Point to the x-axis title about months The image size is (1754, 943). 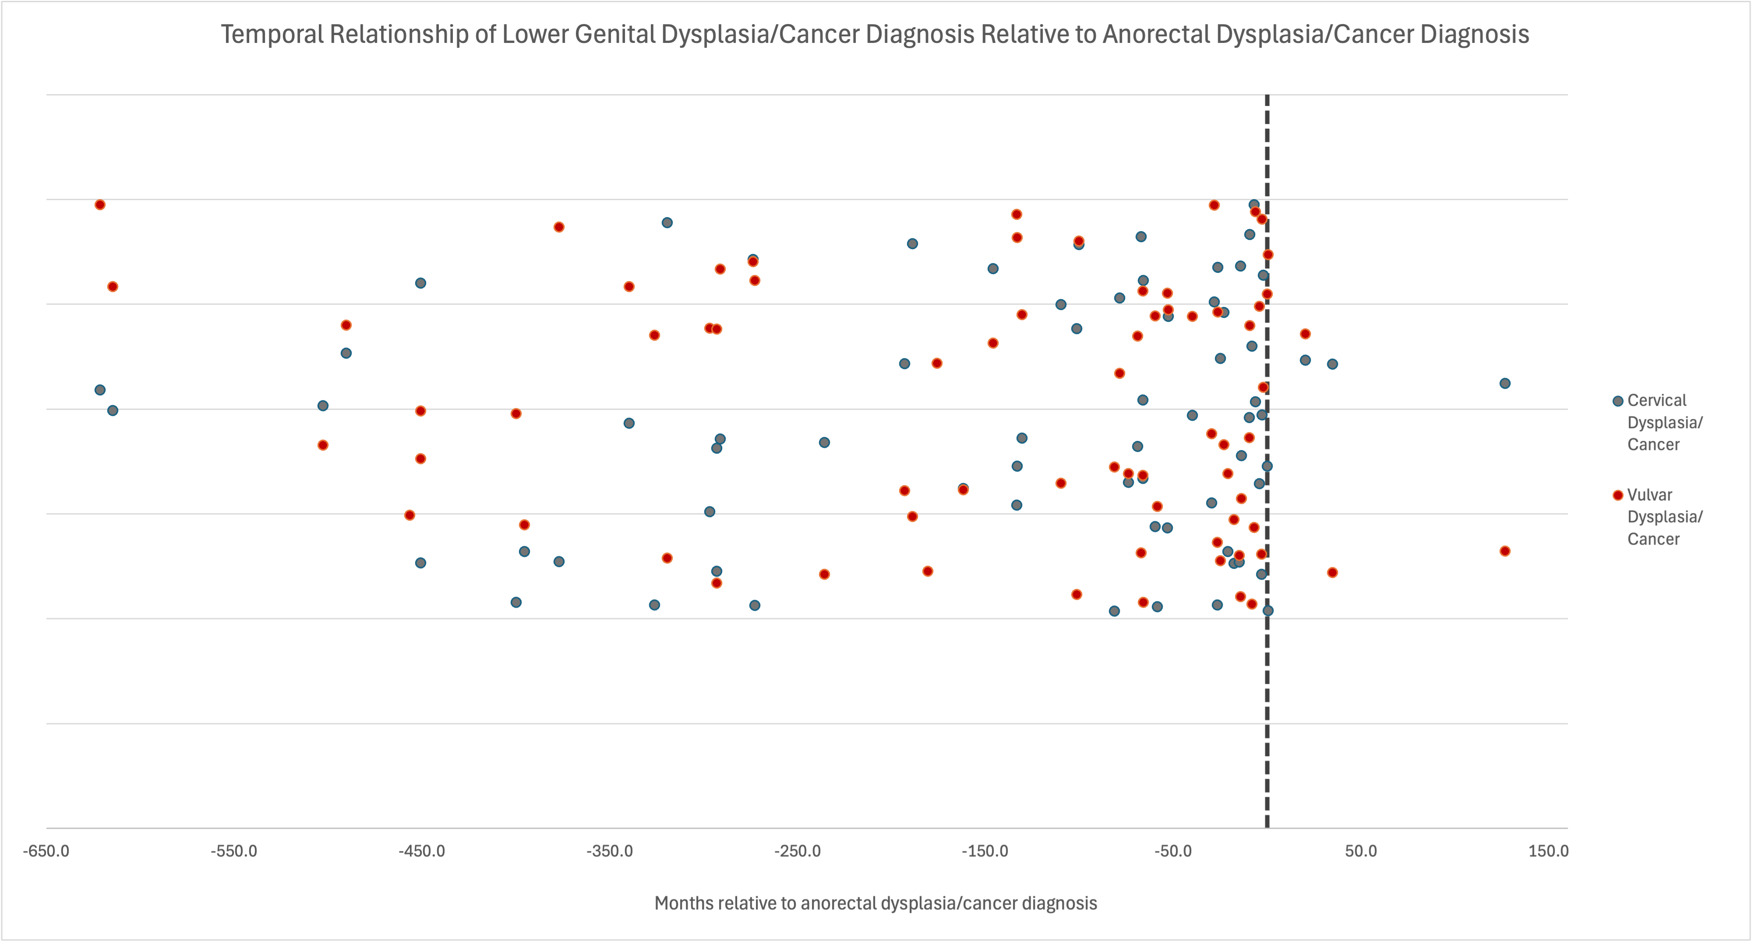(x=875, y=904)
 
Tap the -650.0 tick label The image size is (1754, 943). (x=46, y=851)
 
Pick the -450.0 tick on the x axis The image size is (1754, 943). (x=421, y=851)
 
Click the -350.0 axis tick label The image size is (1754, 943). (x=609, y=851)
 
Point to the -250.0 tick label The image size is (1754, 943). (x=798, y=851)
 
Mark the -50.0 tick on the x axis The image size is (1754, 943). (x=1172, y=851)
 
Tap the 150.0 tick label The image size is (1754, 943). (x=1548, y=851)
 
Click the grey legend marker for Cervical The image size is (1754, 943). (x=1618, y=401)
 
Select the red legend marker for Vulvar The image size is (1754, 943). (x=1618, y=495)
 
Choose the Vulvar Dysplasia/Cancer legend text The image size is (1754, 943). (x=1664, y=517)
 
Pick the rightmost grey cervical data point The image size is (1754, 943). (x=1505, y=384)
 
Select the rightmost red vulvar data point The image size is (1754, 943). (x=1505, y=551)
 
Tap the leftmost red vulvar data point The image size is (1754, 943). (x=100, y=205)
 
